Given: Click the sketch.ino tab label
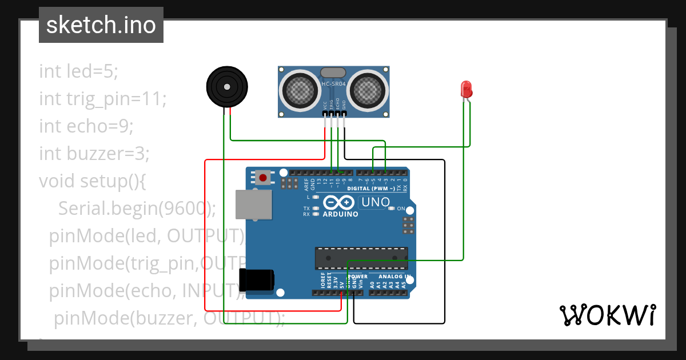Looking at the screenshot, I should pyautogui.click(x=101, y=25).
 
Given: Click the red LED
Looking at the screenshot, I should pyautogui.click(x=466, y=89).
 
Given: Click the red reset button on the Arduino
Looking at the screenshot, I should pyautogui.click(x=263, y=177).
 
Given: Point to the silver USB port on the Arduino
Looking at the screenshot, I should pyautogui.click(x=254, y=204).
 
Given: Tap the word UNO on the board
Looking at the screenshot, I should pyautogui.click(x=376, y=202).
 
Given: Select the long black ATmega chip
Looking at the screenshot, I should pyautogui.click(x=361, y=258).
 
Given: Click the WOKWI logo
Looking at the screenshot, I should pyautogui.click(x=607, y=315).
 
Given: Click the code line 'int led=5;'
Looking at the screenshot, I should pyautogui.click(x=78, y=71).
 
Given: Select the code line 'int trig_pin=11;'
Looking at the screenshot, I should pyautogui.click(x=102, y=99).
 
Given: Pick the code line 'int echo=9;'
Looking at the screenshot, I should pyautogui.click(x=86, y=126).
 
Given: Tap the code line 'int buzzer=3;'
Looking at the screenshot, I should pyautogui.click(x=94, y=153).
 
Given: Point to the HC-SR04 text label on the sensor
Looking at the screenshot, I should pyautogui.click(x=334, y=84).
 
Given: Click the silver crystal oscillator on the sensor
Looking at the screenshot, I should pyautogui.click(x=333, y=72).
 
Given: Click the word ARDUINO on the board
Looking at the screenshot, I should pyautogui.click(x=341, y=214).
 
